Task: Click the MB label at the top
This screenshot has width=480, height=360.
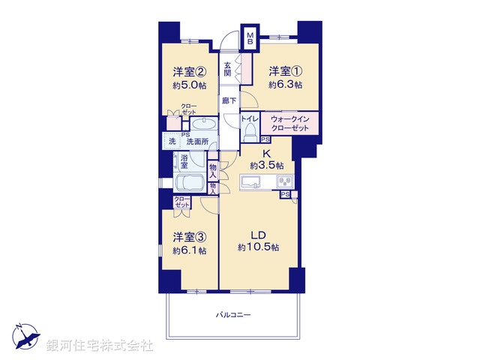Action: coord(251,38)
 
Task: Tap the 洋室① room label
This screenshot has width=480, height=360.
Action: coord(285,71)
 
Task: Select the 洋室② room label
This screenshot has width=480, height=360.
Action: coord(190,72)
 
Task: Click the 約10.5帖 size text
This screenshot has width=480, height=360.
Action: coord(259,247)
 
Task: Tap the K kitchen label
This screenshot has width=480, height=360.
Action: coord(266,152)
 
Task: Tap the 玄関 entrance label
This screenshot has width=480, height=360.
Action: coord(227,69)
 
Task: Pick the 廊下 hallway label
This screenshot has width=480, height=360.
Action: coord(228,100)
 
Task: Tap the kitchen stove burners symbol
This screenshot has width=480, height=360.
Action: coord(283,182)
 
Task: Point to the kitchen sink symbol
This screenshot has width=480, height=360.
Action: coord(250,182)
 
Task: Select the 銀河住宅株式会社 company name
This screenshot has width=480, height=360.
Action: coord(100,346)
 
